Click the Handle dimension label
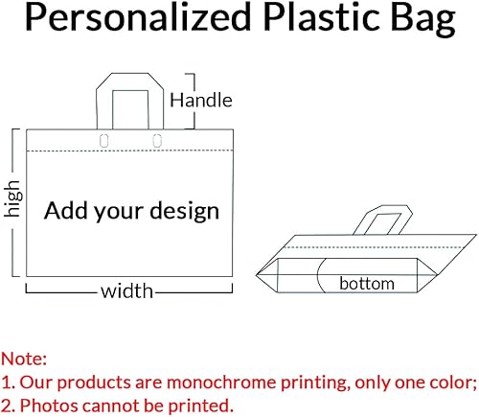tap(201, 100)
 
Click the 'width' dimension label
tap(127, 290)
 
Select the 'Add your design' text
tap(132, 210)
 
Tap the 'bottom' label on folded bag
tap(367, 283)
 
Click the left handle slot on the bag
tap(105, 142)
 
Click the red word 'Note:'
tap(24, 359)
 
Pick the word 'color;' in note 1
tap(451, 382)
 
